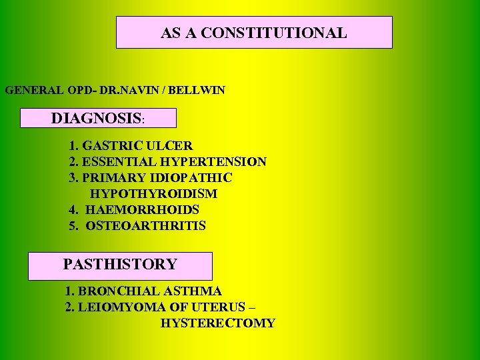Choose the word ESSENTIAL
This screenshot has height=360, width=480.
click(117, 161)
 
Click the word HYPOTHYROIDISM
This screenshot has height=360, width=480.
click(153, 194)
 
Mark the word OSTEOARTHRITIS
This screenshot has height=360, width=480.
click(145, 226)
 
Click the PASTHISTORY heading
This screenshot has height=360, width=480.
click(120, 265)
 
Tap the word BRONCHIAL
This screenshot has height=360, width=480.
click(115, 291)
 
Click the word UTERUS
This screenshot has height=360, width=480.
click(216, 307)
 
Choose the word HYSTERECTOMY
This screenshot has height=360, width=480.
click(217, 323)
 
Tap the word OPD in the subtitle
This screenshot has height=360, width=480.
click(70, 90)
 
